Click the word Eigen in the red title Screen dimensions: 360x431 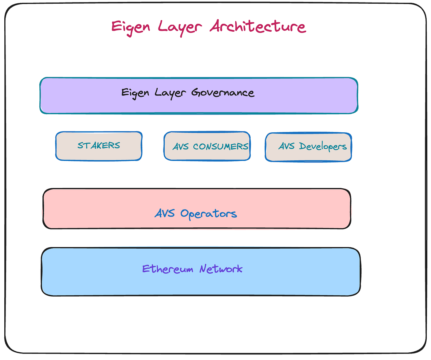coord(131,27)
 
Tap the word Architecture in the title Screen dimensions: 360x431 coord(258,26)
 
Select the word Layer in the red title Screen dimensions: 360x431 coord(180,27)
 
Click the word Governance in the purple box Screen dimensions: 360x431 coord(223,92)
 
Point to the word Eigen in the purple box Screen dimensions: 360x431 coord(135,93)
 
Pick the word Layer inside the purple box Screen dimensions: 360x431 coord(170,93)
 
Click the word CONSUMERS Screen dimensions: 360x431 coord(220,146)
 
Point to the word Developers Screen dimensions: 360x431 coord(323,146)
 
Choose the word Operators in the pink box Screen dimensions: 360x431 coord(208,214)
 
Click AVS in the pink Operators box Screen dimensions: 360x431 coord(165,213)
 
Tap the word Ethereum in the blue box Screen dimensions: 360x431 coord(167,269)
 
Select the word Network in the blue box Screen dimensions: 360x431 coord(221,269)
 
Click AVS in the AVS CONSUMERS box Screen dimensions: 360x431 coord(180,146)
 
